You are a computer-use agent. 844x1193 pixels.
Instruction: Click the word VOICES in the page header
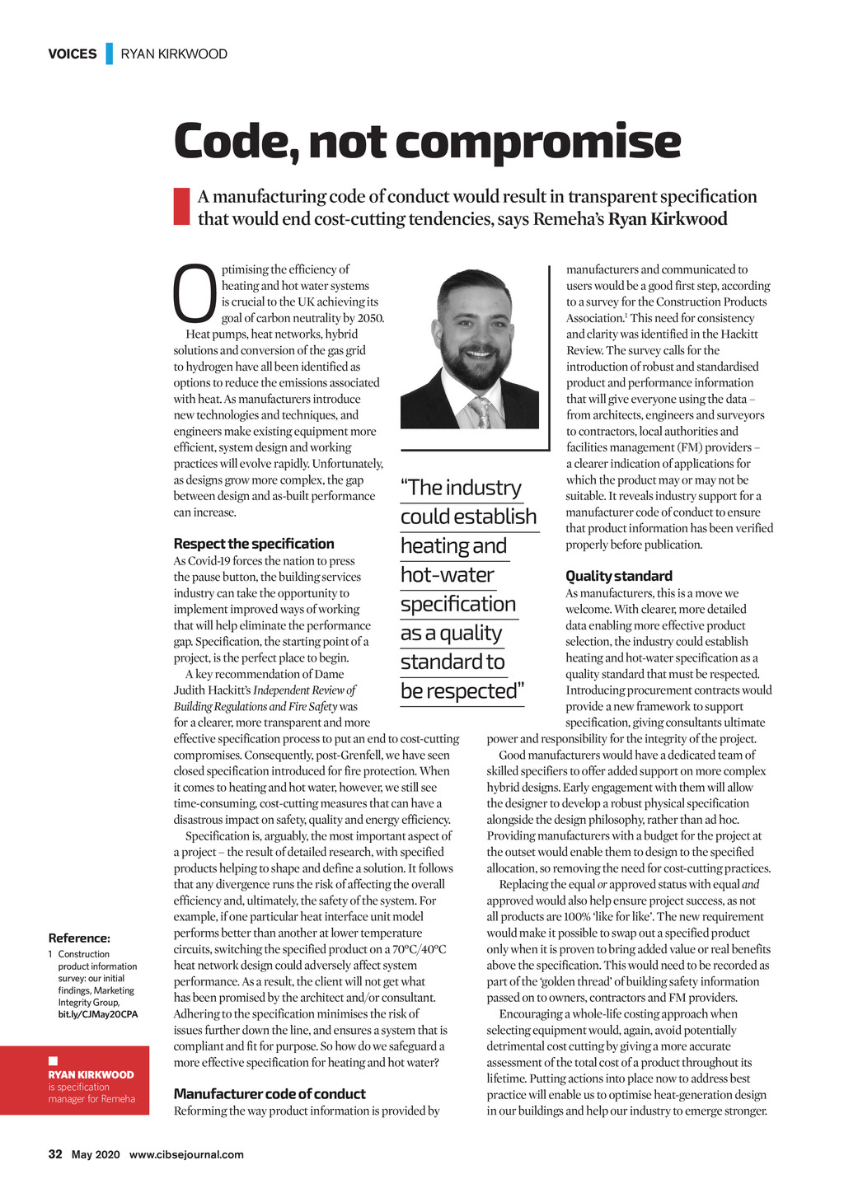pyautogui.click(x=72, y=54)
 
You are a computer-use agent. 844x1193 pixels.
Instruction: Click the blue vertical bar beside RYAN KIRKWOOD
pyautogui.click(x=109, y=54)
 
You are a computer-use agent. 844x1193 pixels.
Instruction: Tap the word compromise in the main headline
pyautogui.click(x=540, y=142)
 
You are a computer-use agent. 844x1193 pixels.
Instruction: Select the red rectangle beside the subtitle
pyautogui.click(x=181, y=207)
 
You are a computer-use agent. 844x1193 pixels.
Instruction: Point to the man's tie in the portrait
pyautogui.click(x=480, y=413)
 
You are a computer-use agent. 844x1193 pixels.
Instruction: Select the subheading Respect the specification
pyautogui.click(x=254, y=544)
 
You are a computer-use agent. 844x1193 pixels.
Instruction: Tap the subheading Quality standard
pyautogui.click(x=619, y=576)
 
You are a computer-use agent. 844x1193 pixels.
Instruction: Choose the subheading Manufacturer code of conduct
pyautogui.click(x=270, y=1094)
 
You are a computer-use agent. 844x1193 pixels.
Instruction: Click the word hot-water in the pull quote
pyautogui.click(x=448, y=575)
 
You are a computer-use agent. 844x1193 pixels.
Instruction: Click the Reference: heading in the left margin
pyautogui.click(x=79, y=938)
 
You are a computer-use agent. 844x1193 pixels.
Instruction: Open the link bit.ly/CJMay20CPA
pyautogui.click(x=98, y=1014)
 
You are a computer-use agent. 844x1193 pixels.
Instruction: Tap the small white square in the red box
pyautogui.click(x=53, y=1060)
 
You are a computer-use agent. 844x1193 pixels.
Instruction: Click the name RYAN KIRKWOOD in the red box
pyautogui.click(x=91, y=1074)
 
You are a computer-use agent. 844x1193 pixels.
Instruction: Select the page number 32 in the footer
pyautogui.click(x=55, y=1154)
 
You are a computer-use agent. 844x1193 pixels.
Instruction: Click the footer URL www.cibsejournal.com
pyautogui.click(x=186, y=1154)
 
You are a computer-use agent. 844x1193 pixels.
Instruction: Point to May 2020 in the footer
pyautogui.click(x=96, y=1154)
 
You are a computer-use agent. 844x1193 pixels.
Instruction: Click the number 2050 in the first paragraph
pyautogui.click(x=369, y=318)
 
